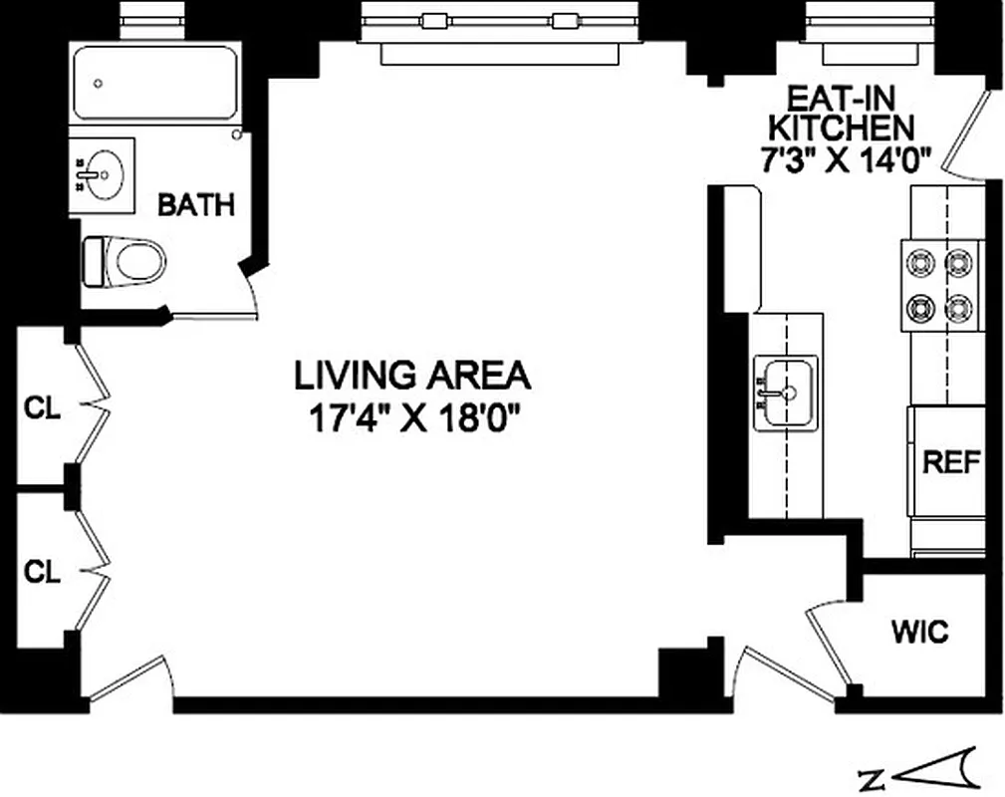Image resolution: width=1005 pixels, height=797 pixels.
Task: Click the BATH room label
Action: [197, 205]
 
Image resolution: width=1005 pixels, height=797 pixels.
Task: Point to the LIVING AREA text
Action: [412, 376]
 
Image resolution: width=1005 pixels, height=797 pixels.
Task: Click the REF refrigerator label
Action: [951, 462]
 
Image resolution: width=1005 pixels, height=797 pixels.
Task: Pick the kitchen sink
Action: [785, 393]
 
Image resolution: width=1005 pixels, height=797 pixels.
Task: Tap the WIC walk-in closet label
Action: [919, 632]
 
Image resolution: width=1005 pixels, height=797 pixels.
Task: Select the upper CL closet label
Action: [42, 407]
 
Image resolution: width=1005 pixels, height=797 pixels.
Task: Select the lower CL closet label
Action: [42, 572]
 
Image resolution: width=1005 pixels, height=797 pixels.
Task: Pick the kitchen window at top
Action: [869, 22]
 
